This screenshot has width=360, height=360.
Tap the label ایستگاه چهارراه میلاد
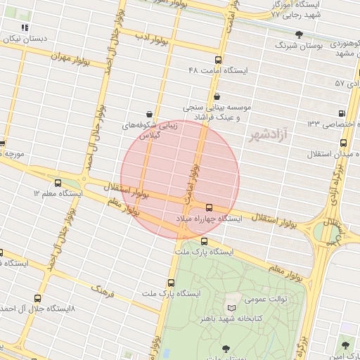[x=209, y=219]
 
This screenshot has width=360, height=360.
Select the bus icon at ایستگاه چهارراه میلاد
[x=209, y=207]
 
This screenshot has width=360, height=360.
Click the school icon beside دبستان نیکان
[x=25, y=27]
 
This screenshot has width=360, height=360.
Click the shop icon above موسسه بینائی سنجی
[x=216, y=96]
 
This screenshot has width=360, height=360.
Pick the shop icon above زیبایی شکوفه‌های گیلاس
[x=149, y=113]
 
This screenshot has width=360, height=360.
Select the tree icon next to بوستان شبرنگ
[x=300, y=34]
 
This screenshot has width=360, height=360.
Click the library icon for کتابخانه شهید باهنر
[x=233, y=308]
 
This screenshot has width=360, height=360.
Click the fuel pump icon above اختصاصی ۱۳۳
[x=342, y=112]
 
